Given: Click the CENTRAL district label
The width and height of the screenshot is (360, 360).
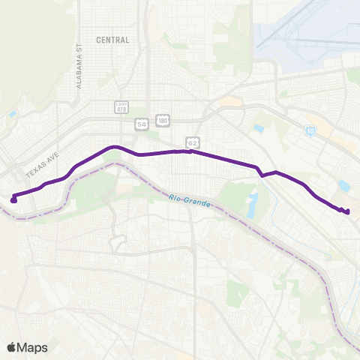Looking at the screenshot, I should click(x=113, y=40).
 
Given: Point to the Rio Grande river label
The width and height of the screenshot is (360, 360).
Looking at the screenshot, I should click(x=186, y=199).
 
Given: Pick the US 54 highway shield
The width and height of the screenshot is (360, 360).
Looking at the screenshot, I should click(x=141, y=124).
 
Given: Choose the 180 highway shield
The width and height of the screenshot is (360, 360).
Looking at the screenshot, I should click(x=163, y=120).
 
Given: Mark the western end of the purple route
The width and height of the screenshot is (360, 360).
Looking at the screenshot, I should click(x=13, y=199).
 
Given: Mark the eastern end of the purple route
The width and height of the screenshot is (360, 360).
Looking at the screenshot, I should click(x=348, y=211).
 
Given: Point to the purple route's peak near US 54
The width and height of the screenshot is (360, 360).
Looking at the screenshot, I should click(x=114, y=147).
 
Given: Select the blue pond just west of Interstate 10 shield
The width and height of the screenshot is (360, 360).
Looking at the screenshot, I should click(x=259, y=129).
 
